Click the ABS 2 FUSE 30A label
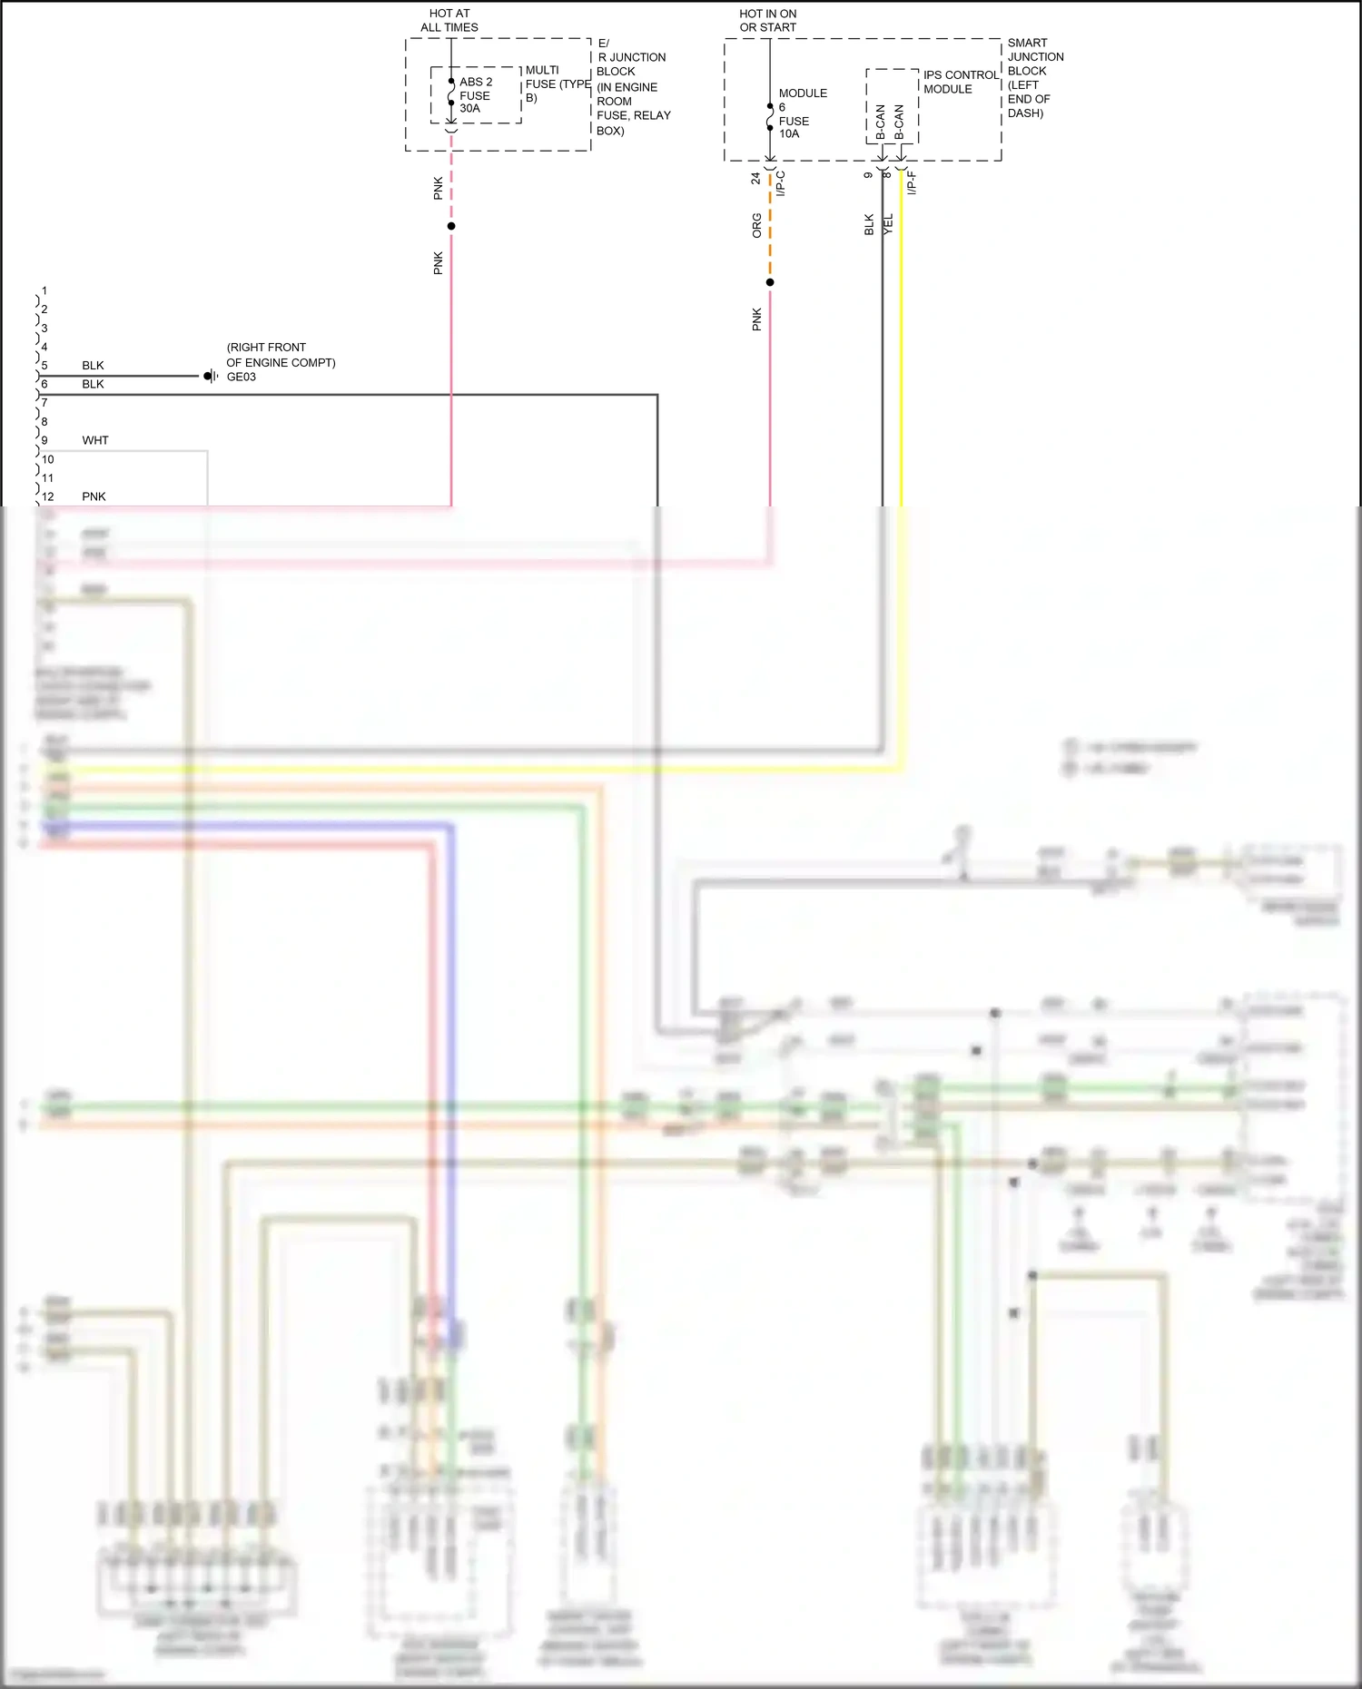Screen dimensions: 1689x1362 point(475,95)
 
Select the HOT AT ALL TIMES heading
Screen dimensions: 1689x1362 point(449,21)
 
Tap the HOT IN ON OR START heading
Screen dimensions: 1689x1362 point(768,21)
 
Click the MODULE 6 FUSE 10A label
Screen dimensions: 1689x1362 point(801,113)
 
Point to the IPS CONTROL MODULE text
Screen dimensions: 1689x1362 point(960,83)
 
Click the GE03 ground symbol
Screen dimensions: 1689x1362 point(210,376)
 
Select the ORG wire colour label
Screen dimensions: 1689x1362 point(756,226)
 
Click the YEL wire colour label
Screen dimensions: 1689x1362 point(888,224)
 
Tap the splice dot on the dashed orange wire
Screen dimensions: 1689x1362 point(770,282)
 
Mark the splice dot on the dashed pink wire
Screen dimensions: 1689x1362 point(451,226)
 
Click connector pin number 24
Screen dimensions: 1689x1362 point(755,179)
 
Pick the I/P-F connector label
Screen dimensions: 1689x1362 point(912,182)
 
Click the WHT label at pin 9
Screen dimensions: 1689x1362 point(95,440)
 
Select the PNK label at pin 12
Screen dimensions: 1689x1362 point(94,496)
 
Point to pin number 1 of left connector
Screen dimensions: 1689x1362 point(44,291)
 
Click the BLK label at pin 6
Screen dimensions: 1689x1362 point(93,384)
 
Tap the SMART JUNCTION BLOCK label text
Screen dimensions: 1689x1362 point(1034,77)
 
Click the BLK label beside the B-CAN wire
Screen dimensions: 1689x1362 point(869,224)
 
